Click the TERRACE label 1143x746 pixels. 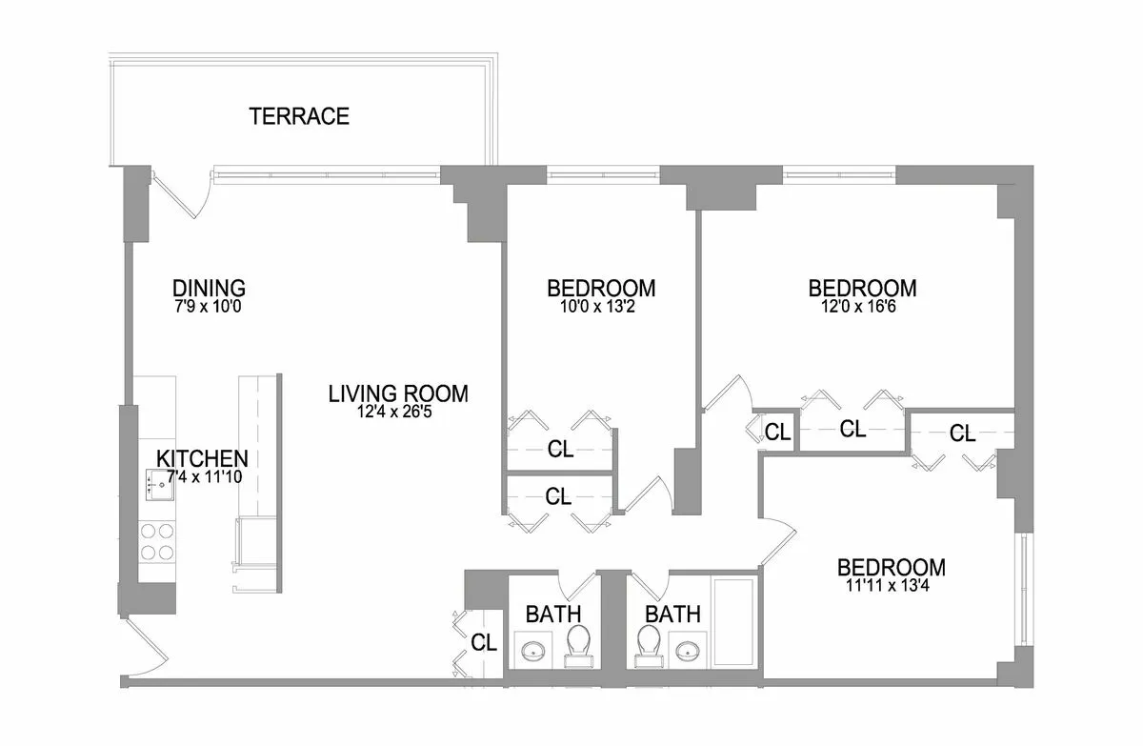pos(299,117)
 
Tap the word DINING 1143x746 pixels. pos(209,288)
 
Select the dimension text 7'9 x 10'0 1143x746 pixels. pos(209,307)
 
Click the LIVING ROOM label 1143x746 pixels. pos(398,393)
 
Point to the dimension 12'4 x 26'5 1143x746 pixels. pos(398,412)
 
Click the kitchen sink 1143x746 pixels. pos(158,486)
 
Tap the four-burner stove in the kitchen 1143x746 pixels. pos(157,541)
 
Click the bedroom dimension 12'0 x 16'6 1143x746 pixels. pos(862,307)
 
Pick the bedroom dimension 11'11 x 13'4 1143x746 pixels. pos(891,587)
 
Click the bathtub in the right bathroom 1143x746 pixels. pos(733,621)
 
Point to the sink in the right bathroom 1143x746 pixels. pos(688,652)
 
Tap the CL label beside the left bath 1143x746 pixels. pos(484,643)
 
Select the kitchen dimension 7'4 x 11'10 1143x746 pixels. pos(202,476)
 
